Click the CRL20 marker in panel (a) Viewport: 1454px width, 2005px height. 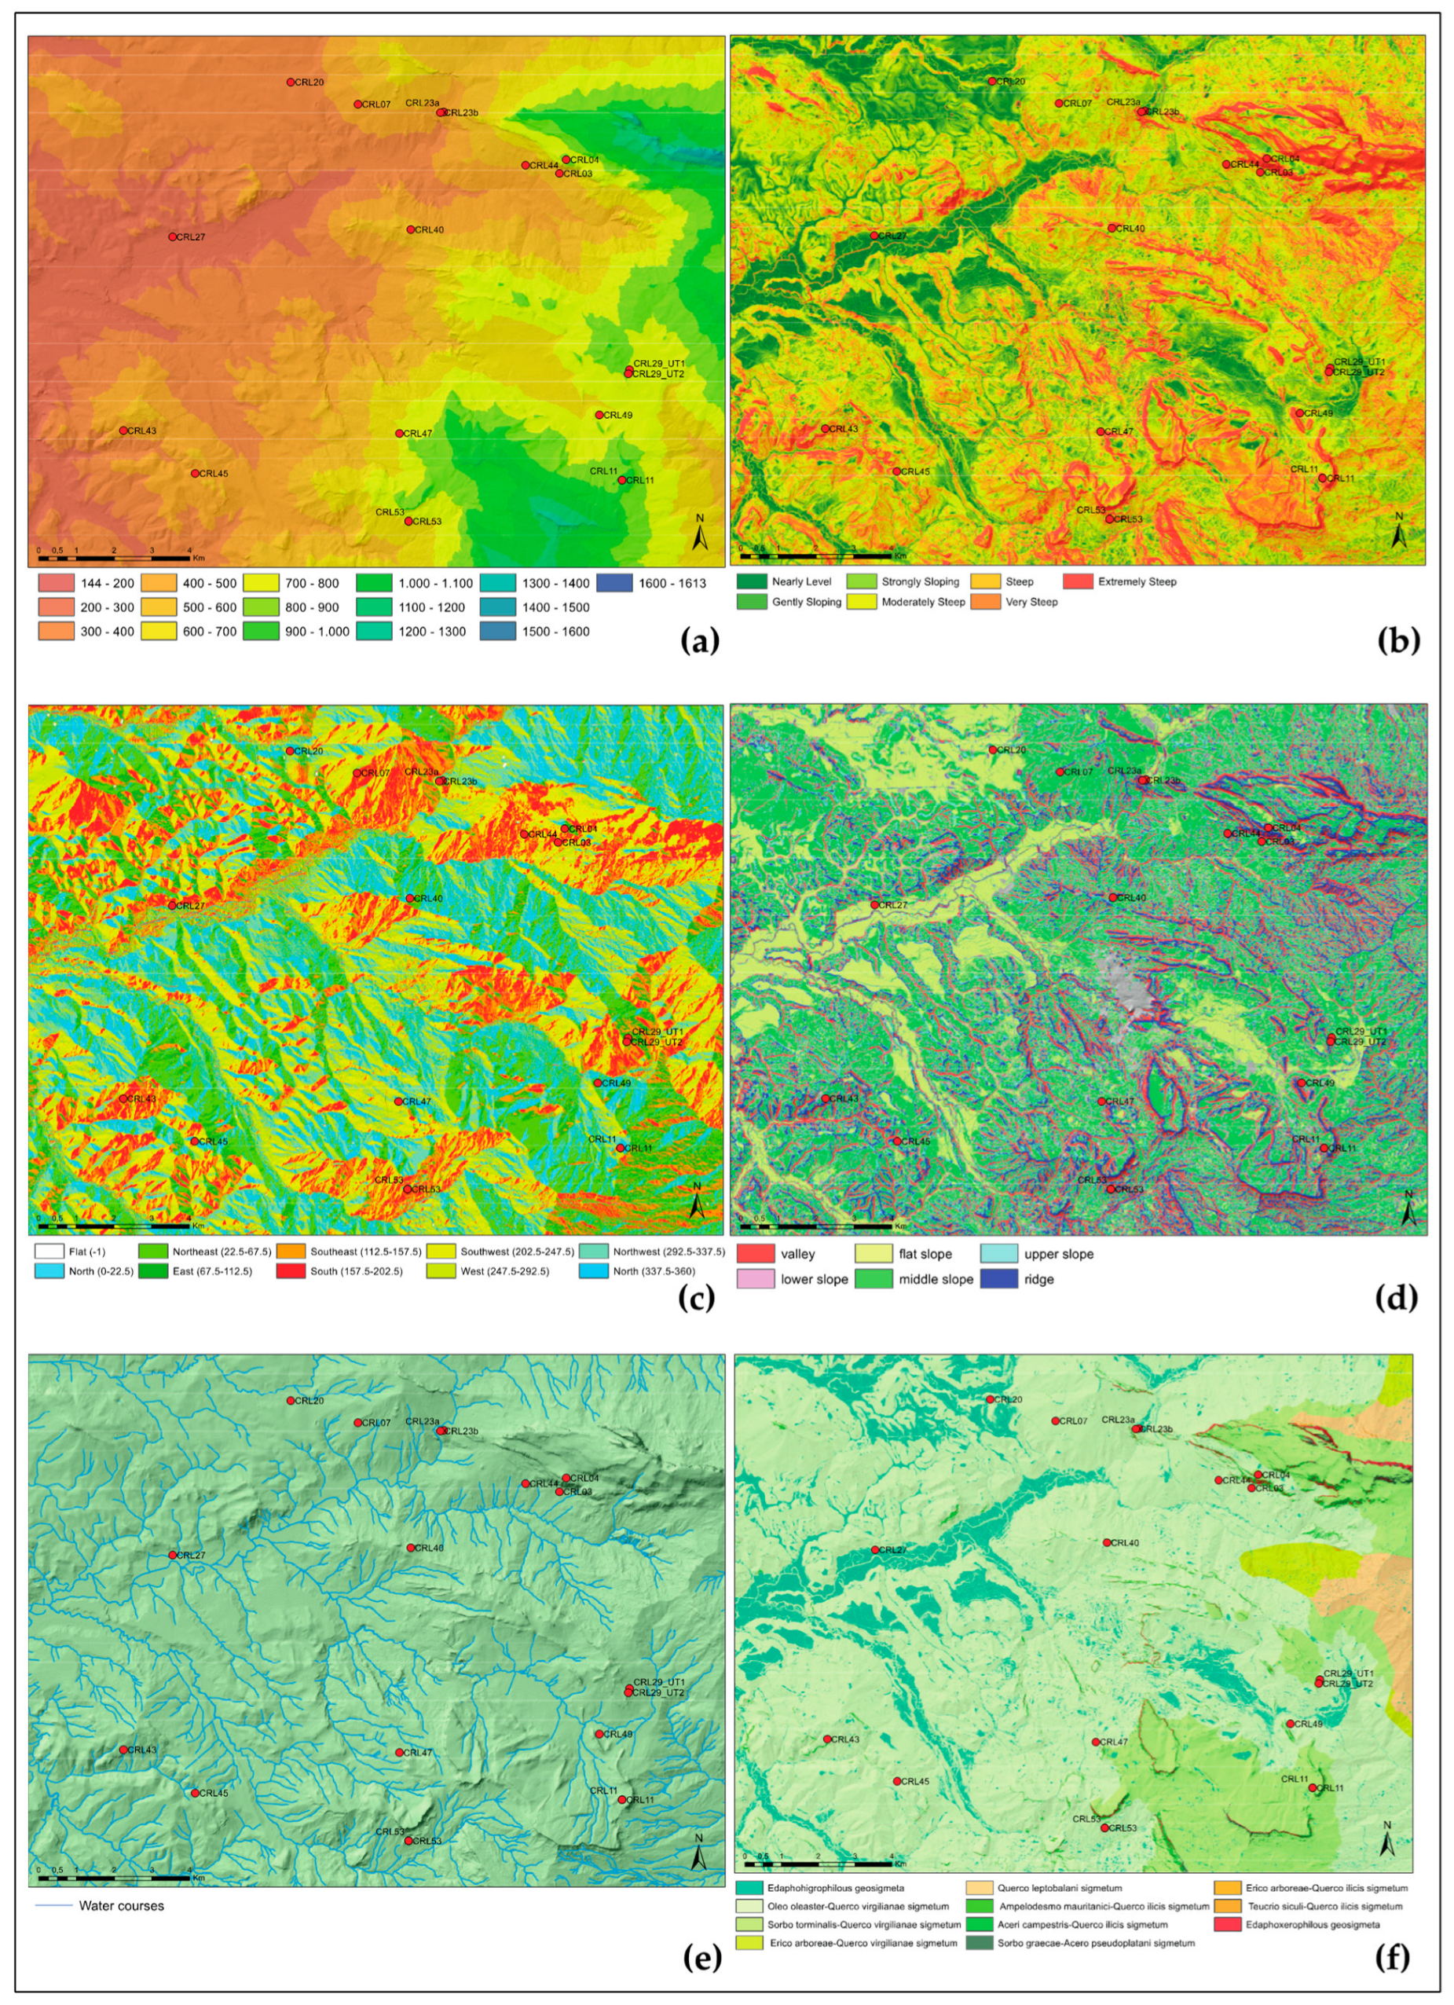(291, 82)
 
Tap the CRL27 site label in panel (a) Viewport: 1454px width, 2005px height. (191, 237)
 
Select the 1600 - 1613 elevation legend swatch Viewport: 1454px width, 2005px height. (614, 584)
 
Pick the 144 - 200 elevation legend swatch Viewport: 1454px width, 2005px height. (56, 584)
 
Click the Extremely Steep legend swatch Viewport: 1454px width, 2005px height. (1078, 581)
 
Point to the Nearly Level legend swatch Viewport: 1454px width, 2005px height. (751, 581)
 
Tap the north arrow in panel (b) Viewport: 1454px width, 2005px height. (1398, 533)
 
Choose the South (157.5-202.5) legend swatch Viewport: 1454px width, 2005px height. (290, 1271)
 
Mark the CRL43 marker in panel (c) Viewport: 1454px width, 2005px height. (123, 1099)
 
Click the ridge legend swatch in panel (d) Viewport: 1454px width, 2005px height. (999, 1279)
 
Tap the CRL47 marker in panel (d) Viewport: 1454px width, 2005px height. (1101, 1101)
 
